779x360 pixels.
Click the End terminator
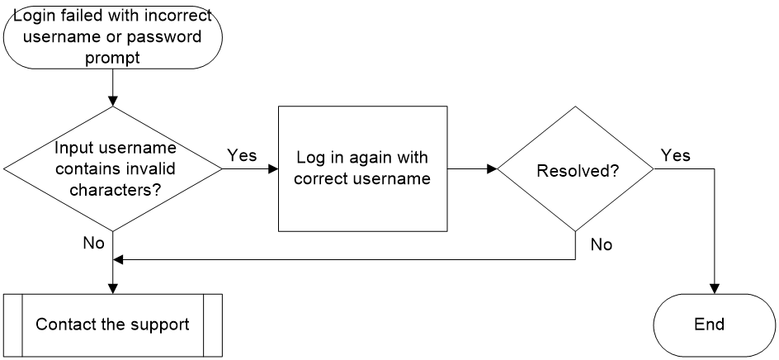[x=714, y=325]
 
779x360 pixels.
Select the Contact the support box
[x=113, y=325]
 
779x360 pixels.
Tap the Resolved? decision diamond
[x=576, y=169]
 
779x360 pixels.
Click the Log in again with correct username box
[x=362, y=168]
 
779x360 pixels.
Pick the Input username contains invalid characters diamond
[x=113, y=169]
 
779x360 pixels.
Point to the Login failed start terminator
[x=113, y=37]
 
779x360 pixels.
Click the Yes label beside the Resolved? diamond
[x=675, y=155]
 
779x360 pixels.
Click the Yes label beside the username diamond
[x=242, y=155]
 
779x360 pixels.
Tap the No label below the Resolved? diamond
[x=602, y=244]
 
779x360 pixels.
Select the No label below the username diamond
[x=94, y=243]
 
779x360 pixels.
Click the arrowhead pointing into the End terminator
[x=715, y=289]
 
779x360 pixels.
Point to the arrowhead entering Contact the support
[x=113, y=289]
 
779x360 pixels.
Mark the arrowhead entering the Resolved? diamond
[x=493, y=169]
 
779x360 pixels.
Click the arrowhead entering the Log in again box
[x=273, y=169]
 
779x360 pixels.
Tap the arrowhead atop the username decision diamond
[x=113, y=102]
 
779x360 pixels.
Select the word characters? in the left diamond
[x=115, y=190]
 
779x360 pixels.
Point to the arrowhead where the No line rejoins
[x=118, y=259]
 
